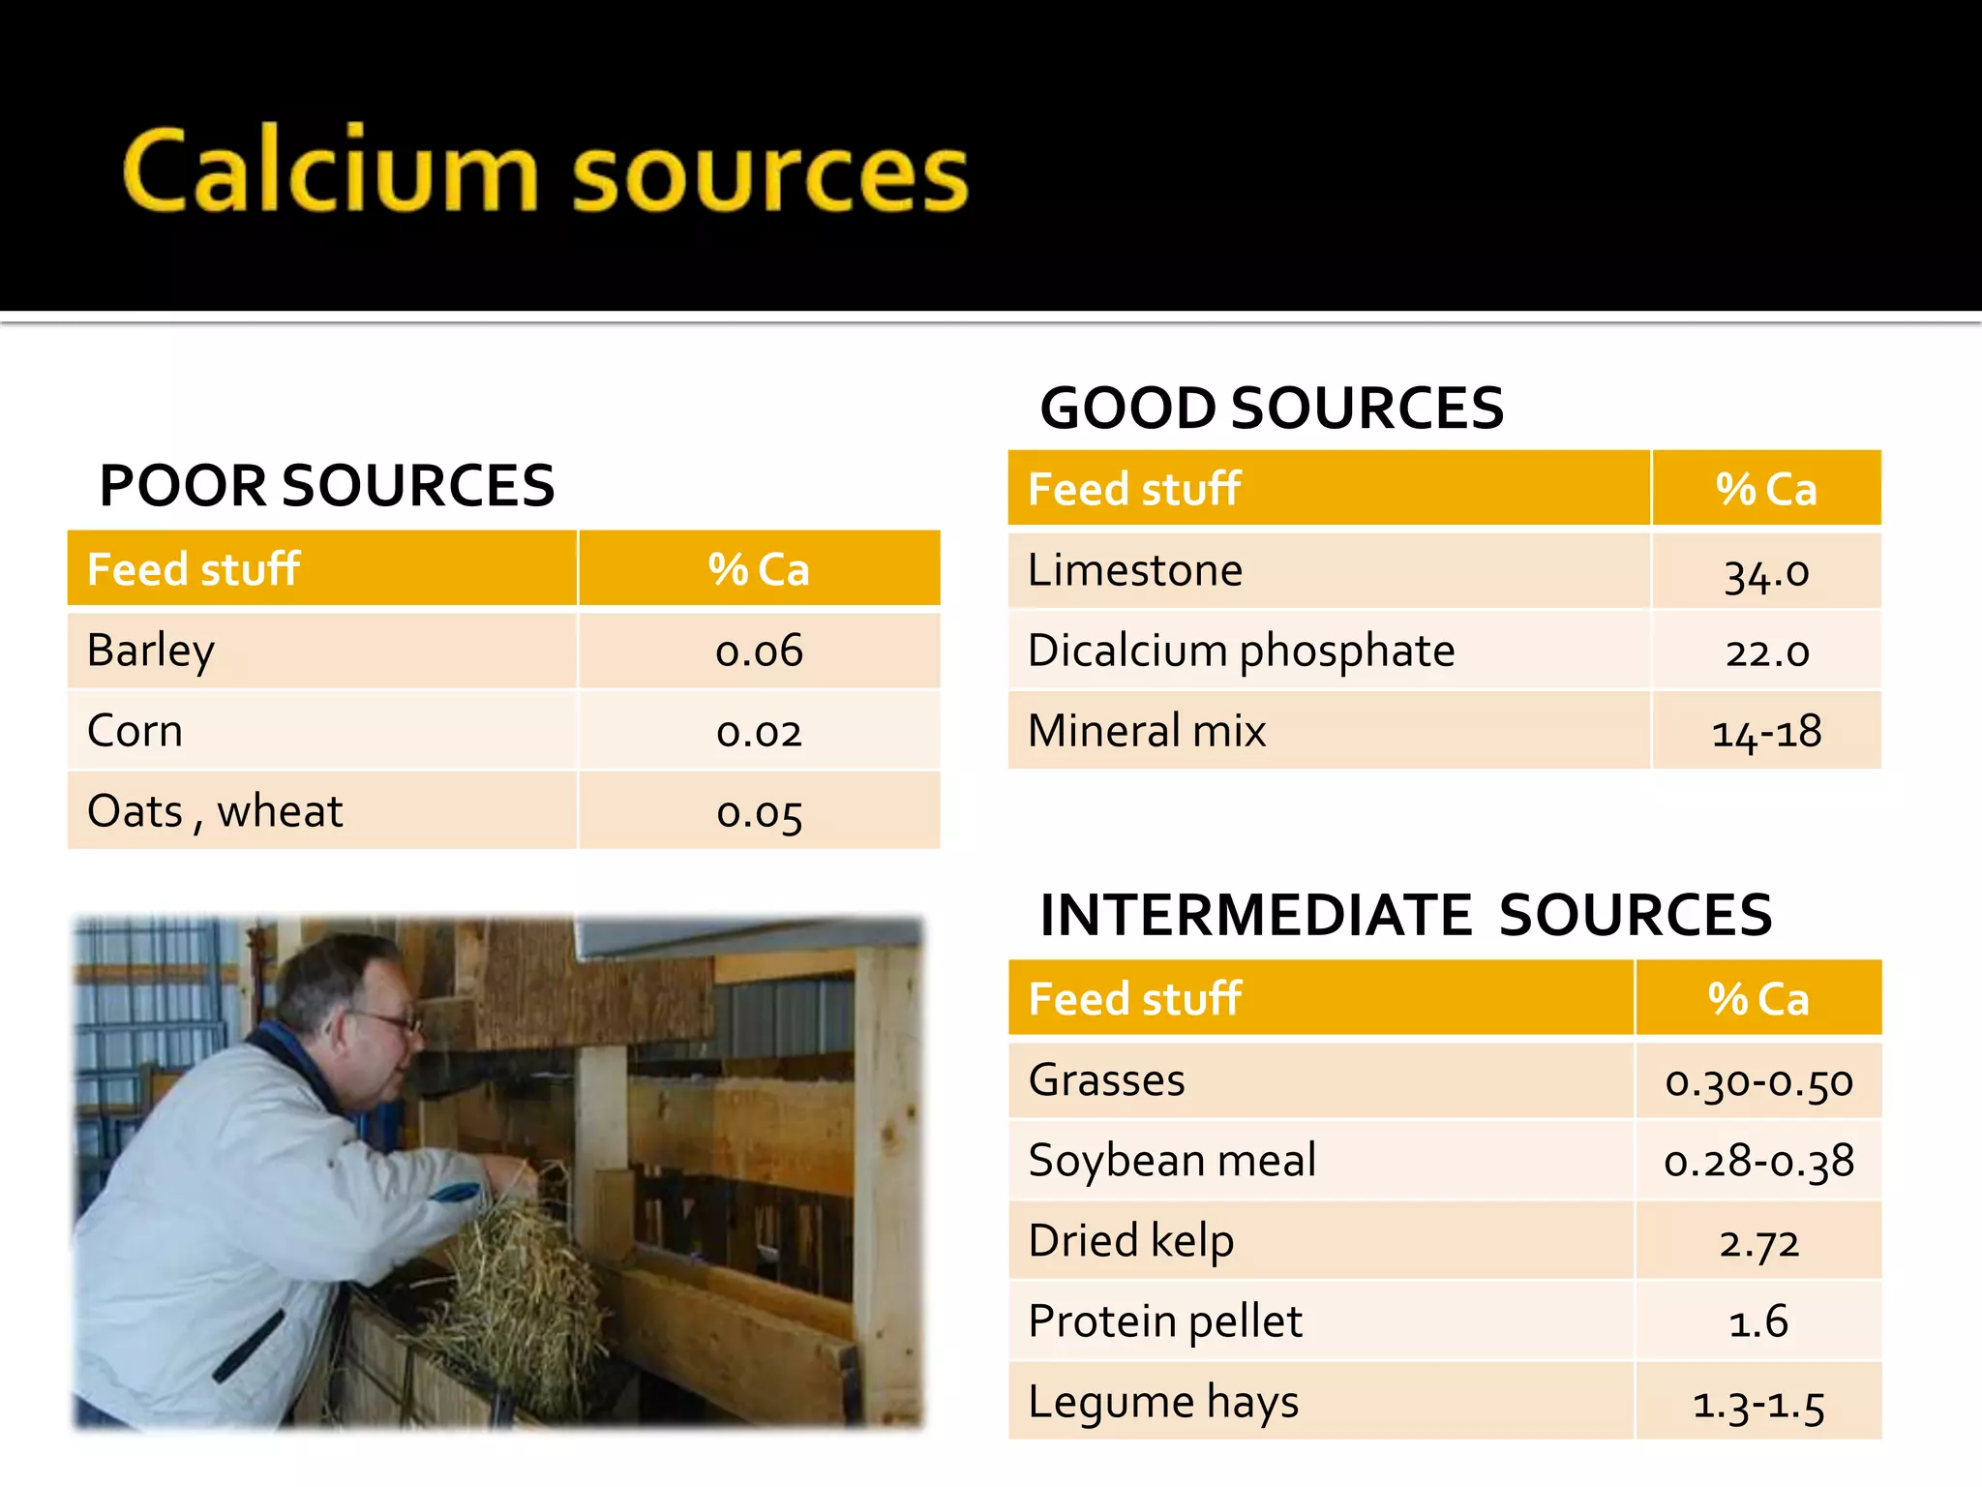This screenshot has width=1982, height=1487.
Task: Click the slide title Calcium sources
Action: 545,172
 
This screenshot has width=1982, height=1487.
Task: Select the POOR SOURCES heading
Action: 327,486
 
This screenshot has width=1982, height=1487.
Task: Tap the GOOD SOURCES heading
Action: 1272,408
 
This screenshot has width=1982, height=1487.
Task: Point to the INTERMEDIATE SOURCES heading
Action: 1405,915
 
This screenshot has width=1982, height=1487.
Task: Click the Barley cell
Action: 151,650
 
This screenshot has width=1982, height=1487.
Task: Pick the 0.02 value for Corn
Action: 759,732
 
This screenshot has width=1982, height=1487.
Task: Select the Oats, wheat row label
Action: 215,811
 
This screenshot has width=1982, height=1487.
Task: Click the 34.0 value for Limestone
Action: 1766,572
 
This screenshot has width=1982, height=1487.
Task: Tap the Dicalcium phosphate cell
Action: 1241,651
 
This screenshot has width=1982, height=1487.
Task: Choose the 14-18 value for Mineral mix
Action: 1766,732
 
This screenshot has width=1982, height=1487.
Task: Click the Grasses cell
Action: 1106,1080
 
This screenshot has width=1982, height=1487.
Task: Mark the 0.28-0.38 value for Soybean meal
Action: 1758,1161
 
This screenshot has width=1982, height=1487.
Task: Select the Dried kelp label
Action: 1130,1241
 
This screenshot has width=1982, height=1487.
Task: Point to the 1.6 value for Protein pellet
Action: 1758,1321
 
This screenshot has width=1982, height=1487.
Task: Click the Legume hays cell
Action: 1163,1402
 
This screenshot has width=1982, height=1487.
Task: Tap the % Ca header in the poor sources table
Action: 759,569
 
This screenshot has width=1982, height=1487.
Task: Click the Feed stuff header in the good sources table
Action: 1134,489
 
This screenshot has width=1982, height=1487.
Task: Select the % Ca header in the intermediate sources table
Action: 1758,999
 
